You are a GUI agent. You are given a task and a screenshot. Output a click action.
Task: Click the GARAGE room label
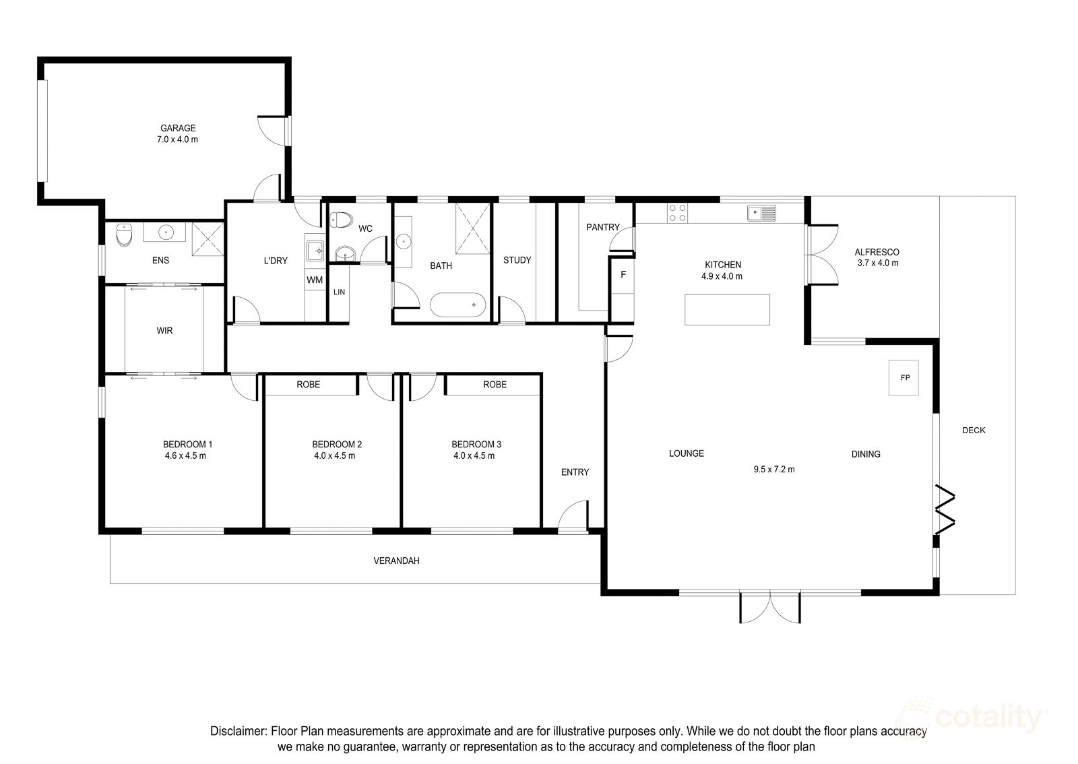click(x=178, y=128)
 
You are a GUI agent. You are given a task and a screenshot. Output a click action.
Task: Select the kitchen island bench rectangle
click(x=727, y=310)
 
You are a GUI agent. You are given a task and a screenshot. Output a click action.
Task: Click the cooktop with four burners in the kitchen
click(x=677, y=213)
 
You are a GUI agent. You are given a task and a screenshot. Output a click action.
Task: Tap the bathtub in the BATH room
click(x=457, y=305)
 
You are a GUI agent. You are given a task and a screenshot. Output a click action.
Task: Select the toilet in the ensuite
click(x=124, y=234)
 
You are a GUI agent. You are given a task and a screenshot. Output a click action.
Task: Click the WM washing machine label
click(x=315, y=280)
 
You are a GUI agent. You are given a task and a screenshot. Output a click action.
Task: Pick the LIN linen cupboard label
click(x=340, y=292)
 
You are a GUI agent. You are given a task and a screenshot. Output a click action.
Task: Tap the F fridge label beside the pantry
click(x=623, y=275)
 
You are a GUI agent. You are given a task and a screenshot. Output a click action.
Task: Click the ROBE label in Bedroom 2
click(x=308, y=385)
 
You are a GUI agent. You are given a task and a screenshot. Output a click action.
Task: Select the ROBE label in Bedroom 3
click(x=495, y=385)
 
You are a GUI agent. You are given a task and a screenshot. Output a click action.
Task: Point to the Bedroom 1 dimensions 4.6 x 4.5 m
click(x=185, y=455)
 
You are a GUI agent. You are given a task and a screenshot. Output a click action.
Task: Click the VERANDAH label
click(x=397, y=561)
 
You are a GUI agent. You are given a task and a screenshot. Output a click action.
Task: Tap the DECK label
click(x=974, y=430)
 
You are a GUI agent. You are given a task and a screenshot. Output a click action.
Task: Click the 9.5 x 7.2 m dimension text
click(x=774, y=469)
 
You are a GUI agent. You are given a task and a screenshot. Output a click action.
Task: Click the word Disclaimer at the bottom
click(x=238, y=731)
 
